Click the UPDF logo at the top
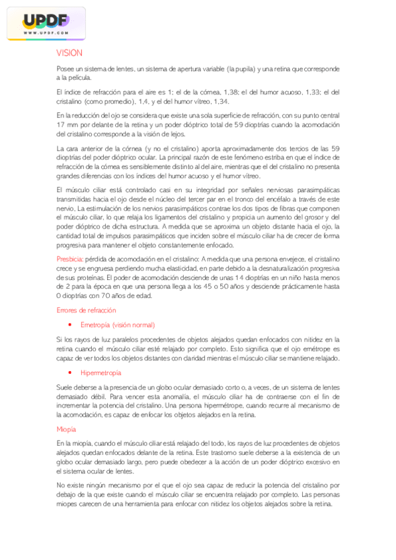(x=46, y=22)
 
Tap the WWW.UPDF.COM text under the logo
(x=46, y=32)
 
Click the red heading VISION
(x=69, y=53)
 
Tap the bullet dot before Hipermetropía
(x=69, y=373)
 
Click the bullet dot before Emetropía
(x=69, y=325)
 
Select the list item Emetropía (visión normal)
(x=118, y=325)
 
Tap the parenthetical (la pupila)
(x=243, y=69)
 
